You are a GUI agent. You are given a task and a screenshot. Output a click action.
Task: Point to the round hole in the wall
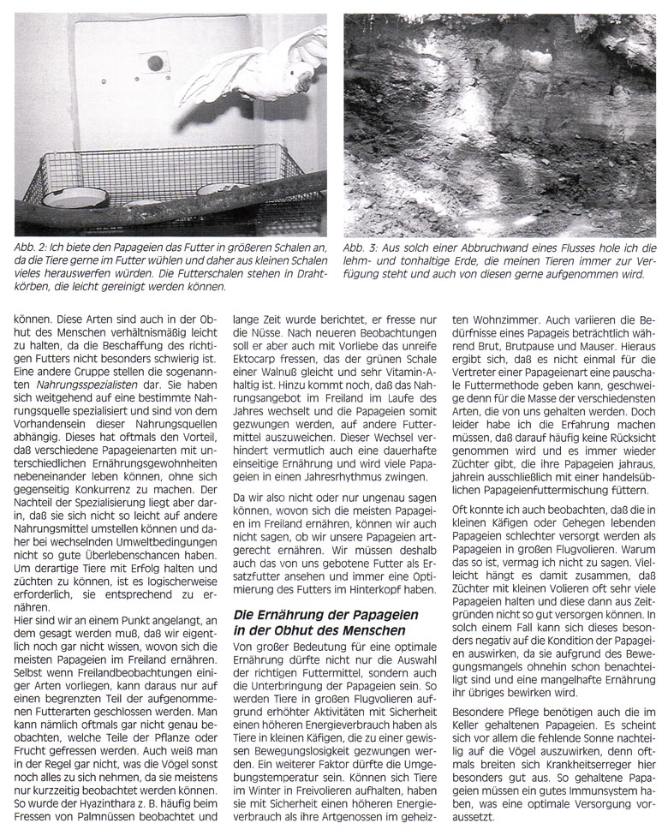(155, 63)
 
